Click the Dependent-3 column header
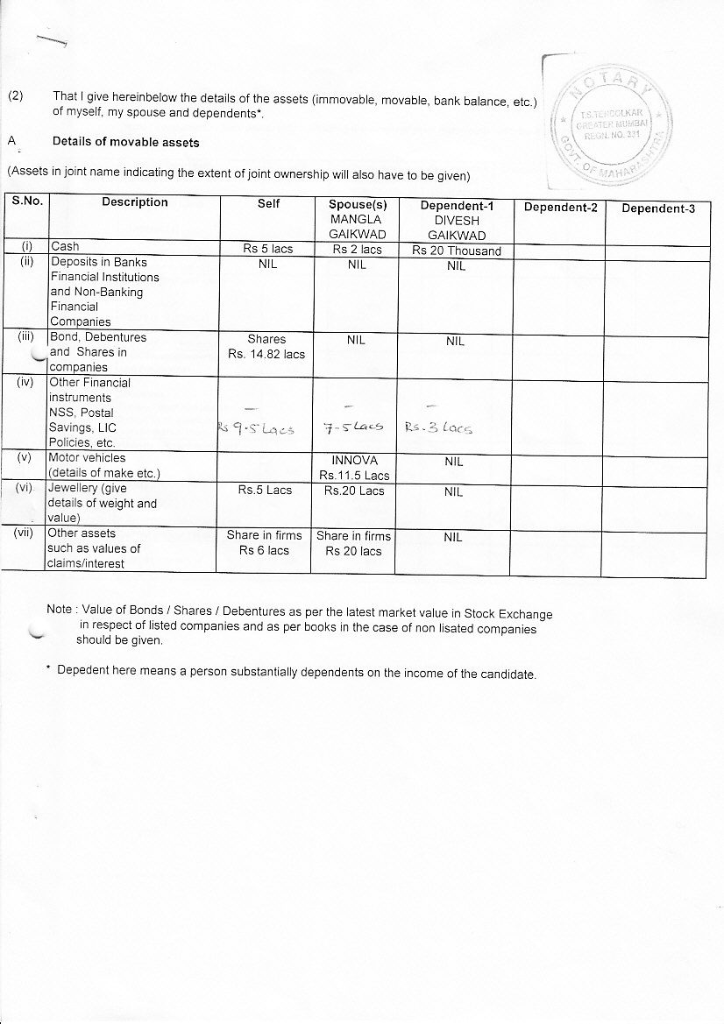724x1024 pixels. click(x=657, y=208)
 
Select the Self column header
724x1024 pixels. click(x=268, y=203)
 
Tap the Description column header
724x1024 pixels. click(x=134, y=202)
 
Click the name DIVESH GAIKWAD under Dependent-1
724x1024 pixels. click(x=456, y=228)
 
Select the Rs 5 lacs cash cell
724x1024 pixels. click(x=267, y=250)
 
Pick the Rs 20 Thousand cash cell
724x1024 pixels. click(x=456, y=251)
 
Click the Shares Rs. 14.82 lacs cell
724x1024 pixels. click(x=266, y=347)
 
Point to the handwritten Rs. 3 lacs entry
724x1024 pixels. click(x=438, y=429)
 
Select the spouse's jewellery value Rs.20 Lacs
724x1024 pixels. click(x=354, y=491)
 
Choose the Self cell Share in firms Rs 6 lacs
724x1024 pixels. click(x=264, y=543)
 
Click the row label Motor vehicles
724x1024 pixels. click(x=88, y=458)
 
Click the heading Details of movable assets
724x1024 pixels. click(x=125, y=142)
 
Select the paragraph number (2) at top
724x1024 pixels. click(x=16, y=96)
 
